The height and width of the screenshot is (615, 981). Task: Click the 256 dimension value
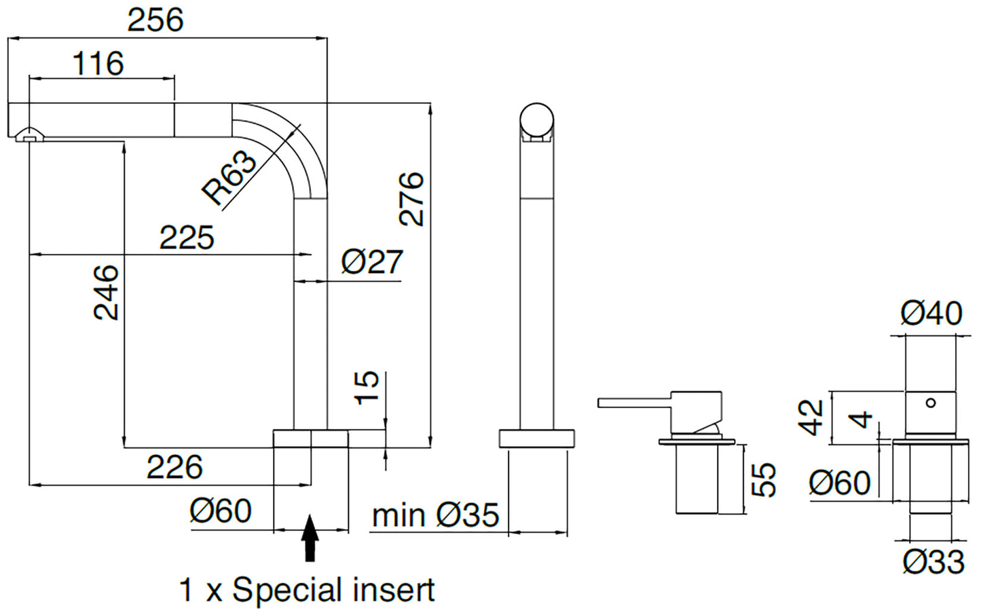tap(155, 20)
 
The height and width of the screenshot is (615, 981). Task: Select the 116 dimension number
tap(98, 64)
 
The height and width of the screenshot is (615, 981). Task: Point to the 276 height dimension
tap(411, 198)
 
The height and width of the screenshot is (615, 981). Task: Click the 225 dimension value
tap(187, 238)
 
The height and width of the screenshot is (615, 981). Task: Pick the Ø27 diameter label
tap(372, 261)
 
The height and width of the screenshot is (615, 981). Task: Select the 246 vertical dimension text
tap(107, 292)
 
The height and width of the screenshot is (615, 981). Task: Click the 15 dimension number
tap(367, 388)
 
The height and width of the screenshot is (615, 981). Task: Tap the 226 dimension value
tap(174, 468)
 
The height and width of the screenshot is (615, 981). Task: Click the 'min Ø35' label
tap(435, 515)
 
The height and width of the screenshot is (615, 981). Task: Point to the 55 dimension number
tap(764, 479)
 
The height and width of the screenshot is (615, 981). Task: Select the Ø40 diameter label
tap(931, 313)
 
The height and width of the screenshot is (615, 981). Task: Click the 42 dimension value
tap(811, 417)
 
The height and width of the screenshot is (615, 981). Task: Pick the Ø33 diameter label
tap(933, 562)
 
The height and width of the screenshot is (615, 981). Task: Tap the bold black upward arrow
tap(310, 538)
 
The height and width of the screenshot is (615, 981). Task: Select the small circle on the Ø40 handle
tap(931, 403)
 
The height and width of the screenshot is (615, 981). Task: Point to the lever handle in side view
tap(635, 403)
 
